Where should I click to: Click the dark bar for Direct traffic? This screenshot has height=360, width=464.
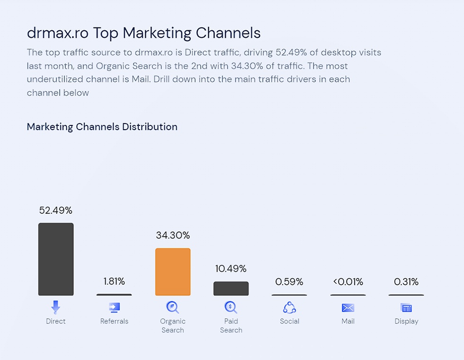(x=56, y=259)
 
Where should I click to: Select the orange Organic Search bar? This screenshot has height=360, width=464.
(x=173, y=272)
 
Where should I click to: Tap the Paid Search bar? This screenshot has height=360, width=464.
(x=231, y=289)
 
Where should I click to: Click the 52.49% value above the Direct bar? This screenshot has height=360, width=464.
(x=56, y=211)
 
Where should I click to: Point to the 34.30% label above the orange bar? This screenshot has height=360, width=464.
(x=173, y=235)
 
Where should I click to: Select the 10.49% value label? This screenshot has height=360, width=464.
(x=231, y=269)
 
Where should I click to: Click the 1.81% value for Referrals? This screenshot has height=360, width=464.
(x=114, y=281)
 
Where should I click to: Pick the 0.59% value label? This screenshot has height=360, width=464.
(x=289, y=282)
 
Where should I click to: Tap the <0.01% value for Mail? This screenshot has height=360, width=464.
(x=348, y=282)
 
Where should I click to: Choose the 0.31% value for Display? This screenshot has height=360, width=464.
(x=406, y=282)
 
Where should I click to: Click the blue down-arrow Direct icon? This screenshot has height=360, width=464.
(x=56, y=307)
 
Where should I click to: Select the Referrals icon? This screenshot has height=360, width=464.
(x=114, y=307)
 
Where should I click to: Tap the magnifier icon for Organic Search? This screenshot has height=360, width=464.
(x=173, y=307)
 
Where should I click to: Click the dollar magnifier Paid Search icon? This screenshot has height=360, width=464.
(x=231, y=307)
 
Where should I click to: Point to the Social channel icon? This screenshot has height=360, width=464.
(x=289, y=307)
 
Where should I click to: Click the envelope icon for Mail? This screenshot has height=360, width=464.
(x=348, y=308)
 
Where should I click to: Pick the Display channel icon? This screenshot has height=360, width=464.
(x=406, y=308)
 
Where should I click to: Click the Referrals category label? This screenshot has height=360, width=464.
(x=114, y=321)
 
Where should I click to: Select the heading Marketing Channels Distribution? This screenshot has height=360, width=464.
(x=102, y=127)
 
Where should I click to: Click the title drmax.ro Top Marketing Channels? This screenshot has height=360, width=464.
(x=144, y=33)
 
